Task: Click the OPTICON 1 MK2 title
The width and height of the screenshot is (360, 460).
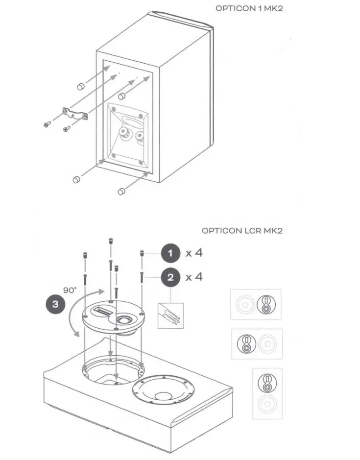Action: pyautogui.click(x=249, y=9)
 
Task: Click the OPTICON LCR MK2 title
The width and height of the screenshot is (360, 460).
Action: pyautogui.click(x=242, y=230)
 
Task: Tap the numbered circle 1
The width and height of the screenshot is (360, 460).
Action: pyautogui.click(x=170, y=253)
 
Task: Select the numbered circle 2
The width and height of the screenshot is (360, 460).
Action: pyautogui.click(x=170, y=277)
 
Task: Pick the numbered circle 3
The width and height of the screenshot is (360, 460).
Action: pyautogui.click(x=55, y=304)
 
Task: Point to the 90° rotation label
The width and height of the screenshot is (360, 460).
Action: pyautogui.click(x=70, y=290)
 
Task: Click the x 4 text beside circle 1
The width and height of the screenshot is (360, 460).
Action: pyautogui.click(x=194, y=253)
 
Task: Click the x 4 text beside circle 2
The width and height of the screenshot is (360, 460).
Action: pyautogui.click(x=194, y=277)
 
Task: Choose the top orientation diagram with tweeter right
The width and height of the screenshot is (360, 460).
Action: pyautogui.click(x=256, y=305)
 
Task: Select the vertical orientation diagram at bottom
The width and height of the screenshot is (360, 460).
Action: pyautogui.click(x=266, y=393)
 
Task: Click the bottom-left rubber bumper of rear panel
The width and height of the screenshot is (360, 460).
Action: pyautogui.click(x=76, y=180)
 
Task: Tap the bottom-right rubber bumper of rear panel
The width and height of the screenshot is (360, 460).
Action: pyautogui.click(x=121, y=191)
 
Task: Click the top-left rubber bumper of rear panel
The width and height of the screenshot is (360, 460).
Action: pyautogui.click(x=79, y=87)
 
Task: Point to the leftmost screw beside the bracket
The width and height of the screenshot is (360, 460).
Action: pyautogui.click(x=47, y=124)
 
